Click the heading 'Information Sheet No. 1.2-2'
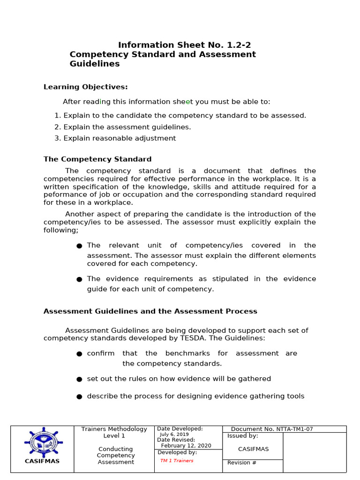click(x=181, y=45)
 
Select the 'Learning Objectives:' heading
click(x=85, y=87)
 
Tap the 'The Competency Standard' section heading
click(x=97, y=159)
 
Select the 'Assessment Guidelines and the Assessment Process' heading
click(x=150, y=311)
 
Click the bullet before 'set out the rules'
click(x=79, y=379)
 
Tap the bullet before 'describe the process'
click(x=79, y=397)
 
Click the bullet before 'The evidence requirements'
click(x=79, y=279)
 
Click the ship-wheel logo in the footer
click(x=42, y=442)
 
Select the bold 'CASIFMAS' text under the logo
click(x=42, y=461)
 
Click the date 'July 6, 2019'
click(x=174, y=434)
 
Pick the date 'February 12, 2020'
click(x=186, y=446)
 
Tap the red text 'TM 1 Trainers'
click(x=177, y=460)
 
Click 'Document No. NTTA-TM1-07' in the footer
click(x=272, y=429)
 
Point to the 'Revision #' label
click(x=242, y=463)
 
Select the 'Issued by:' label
click(x=243, y=436)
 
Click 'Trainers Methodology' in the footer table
click(x=114, y=429)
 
